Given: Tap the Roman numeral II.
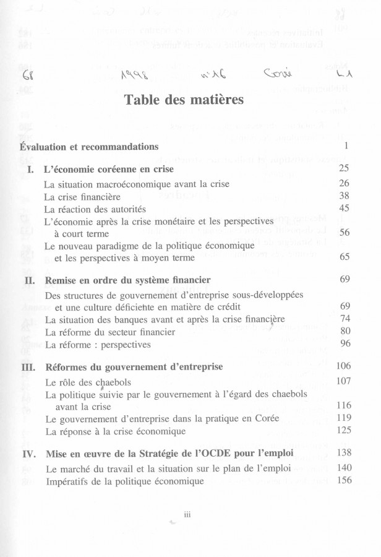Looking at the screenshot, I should [x=28, y=280].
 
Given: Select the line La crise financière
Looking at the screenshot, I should [x=82, y=196].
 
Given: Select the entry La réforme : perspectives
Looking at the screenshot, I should [x=98, y=344].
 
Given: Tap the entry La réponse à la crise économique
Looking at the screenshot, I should [x=115, y=431].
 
